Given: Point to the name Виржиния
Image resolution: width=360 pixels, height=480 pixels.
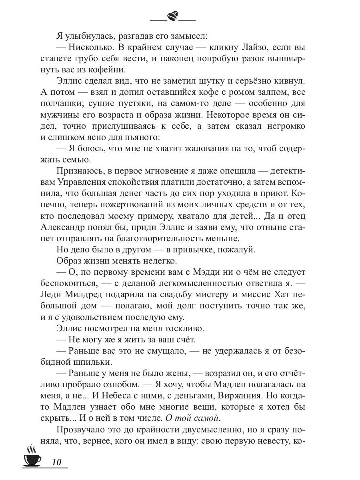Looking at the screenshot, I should click(x=242, y=396).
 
